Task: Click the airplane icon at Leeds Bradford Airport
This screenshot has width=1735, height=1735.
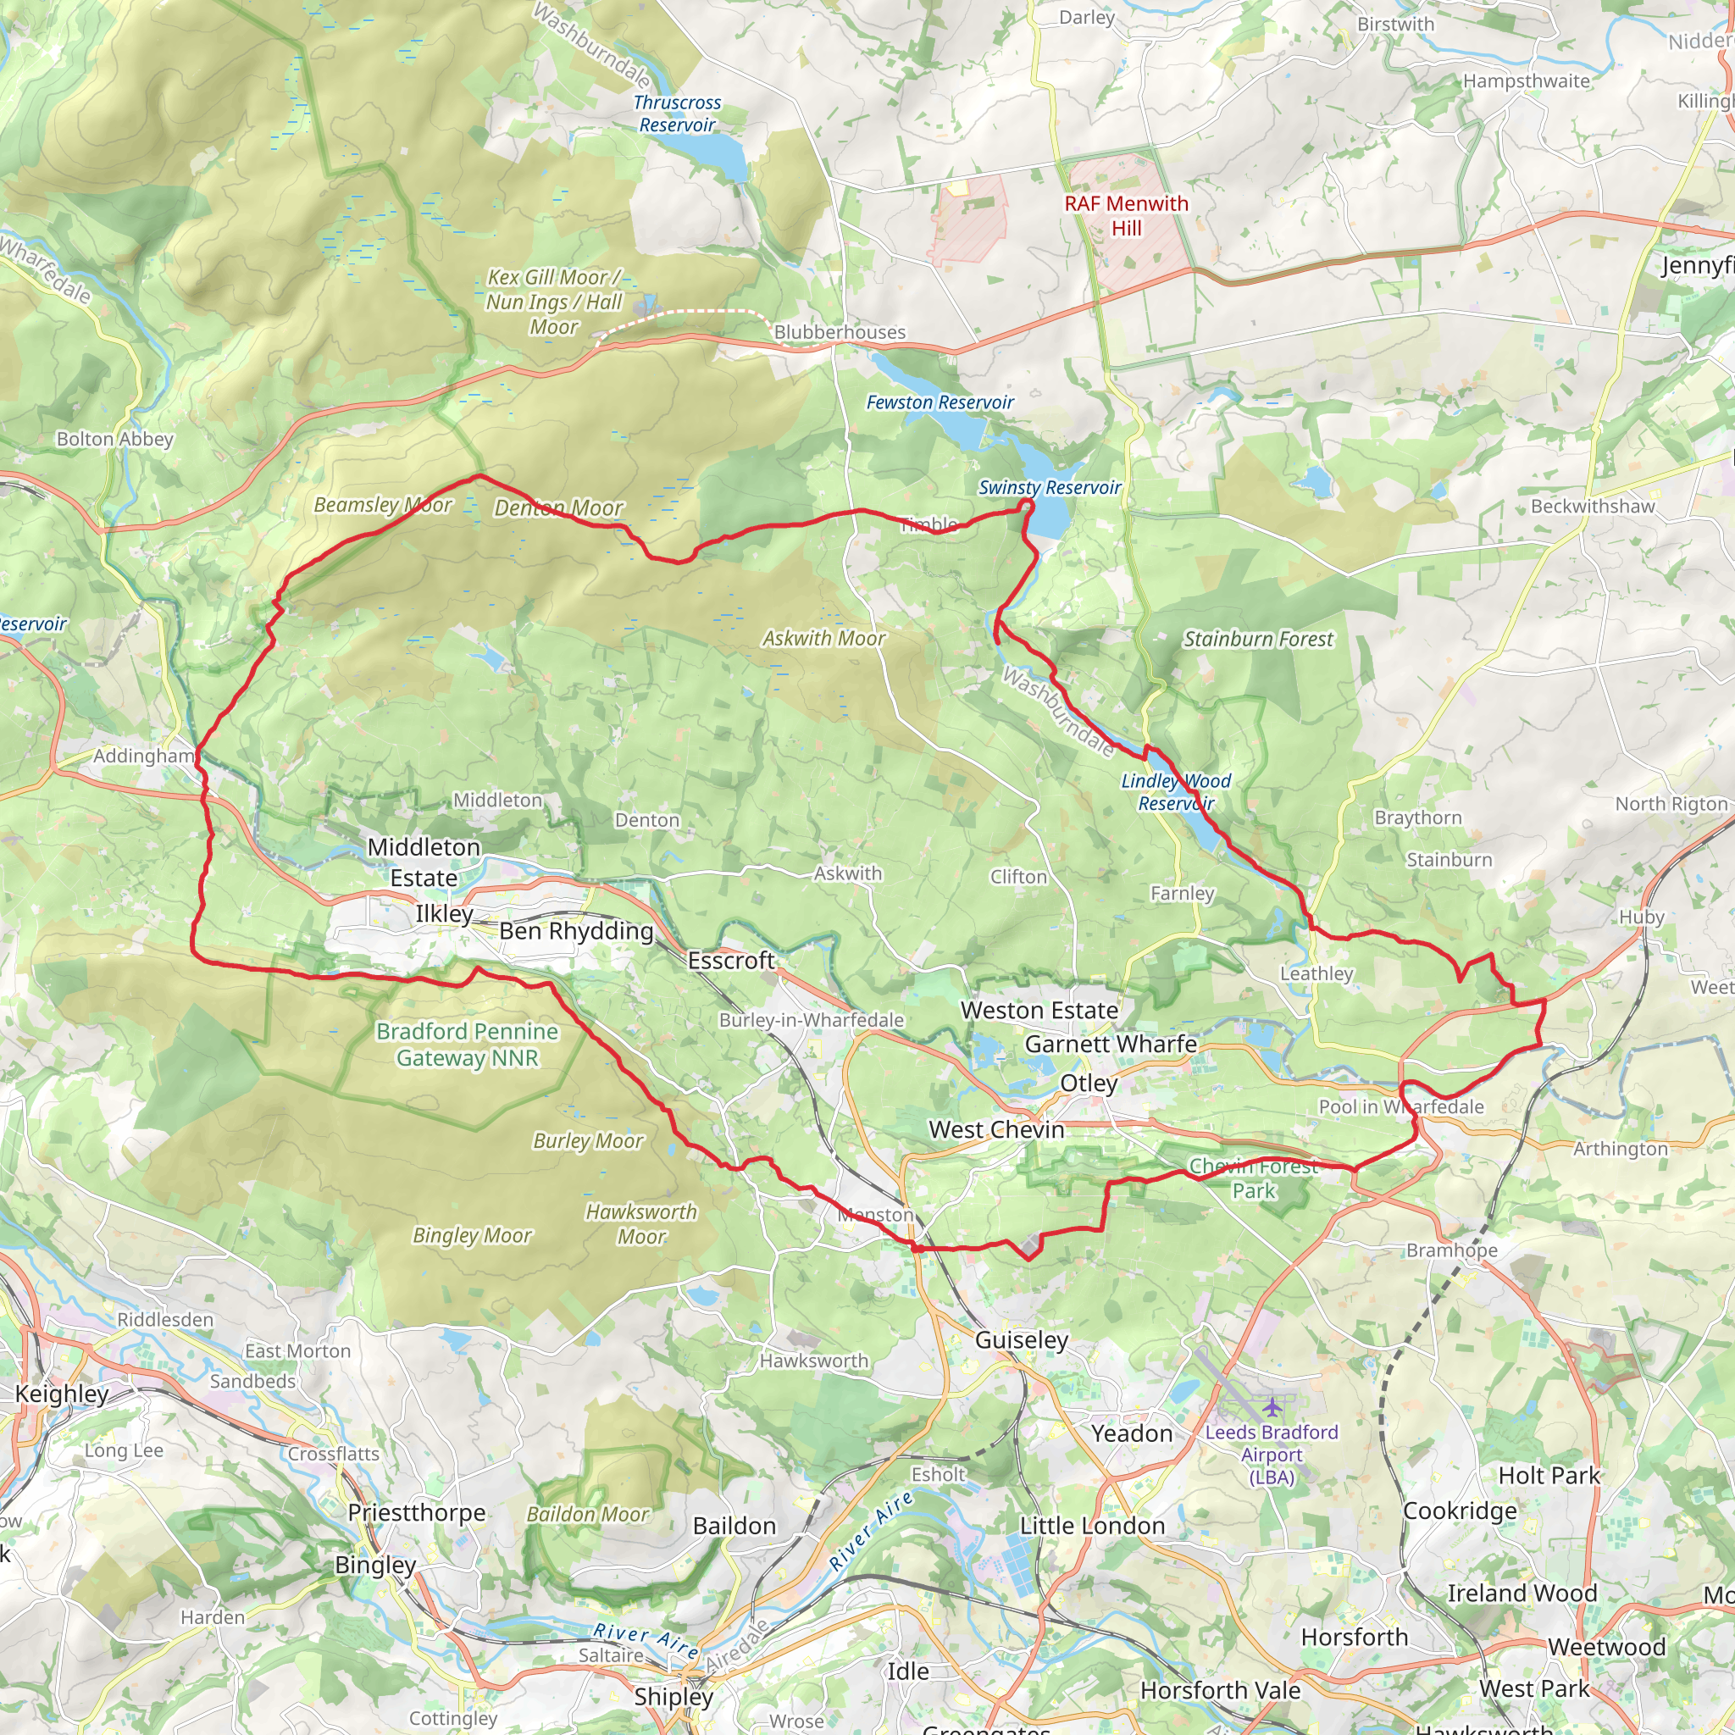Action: coord(1272,1405)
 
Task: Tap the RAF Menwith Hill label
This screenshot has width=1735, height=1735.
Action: coord(1126,215)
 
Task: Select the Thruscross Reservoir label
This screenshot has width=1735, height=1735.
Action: coord(677,114)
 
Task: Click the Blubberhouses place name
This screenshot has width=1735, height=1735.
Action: coord(839,332)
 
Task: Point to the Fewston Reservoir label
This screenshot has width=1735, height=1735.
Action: coord(940,402)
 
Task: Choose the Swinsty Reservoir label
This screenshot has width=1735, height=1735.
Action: coord(1049,488)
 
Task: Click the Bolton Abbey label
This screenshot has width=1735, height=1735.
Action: coord(115,439)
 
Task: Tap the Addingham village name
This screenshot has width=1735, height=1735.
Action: coord(144,757)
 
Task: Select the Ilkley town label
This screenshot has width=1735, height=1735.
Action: coord(444,914)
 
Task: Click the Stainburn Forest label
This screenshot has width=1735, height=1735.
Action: coord(1258,640)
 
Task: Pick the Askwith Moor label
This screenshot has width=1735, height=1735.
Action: coord(823,639)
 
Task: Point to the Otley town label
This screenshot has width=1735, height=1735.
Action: coord(1089,1083)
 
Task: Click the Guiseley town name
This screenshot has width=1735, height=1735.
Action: coord(1021,1341)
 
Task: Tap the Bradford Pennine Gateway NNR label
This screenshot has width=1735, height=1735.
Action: coord(467,1045)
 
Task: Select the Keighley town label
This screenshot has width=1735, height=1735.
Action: coord(62,1394)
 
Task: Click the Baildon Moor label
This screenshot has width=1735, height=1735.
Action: coord(587,1514)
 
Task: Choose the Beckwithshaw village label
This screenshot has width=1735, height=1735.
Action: coord(1592,507)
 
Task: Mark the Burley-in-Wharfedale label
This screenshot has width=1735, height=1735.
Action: coord(811,1020)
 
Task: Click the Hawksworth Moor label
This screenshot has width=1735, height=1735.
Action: coord(641,1224)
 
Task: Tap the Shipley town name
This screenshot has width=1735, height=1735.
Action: coord(673,1696)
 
